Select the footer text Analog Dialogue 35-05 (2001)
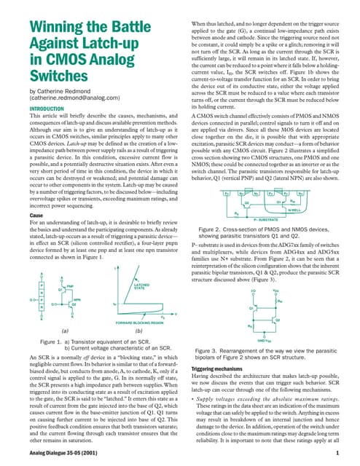pos(60,453)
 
